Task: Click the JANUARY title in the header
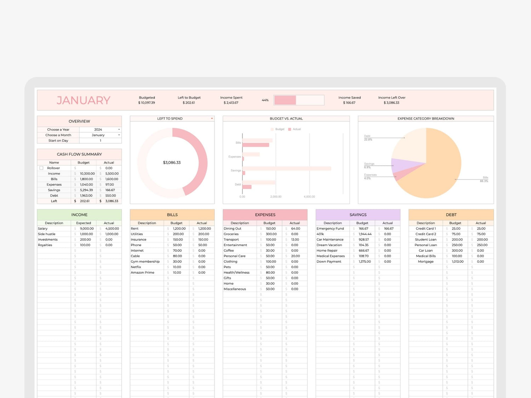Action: click(x=84, y=100)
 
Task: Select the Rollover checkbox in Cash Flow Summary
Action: click(x=41, y=168)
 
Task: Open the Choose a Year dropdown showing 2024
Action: click(x=119, y=129)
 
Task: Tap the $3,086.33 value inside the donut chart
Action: click(x=172, y=163)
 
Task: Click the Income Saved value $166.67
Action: click(x=349, y=103)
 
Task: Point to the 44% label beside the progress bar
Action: click(x=265, y=100)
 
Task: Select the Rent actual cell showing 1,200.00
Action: click(x=204, y=229)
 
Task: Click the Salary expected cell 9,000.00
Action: click(x=87, y=229)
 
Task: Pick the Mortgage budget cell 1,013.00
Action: click(x=457, y=261)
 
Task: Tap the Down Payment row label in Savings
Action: click(x=329, y=261)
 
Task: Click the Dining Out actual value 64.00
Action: click(x=295, y=229)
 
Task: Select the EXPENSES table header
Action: click(x=265, y=215)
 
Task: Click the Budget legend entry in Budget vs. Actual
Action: click(x=279, y=129)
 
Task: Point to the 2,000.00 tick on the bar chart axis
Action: click(x=276, y=197)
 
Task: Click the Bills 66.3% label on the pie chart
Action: click(x=484, y=179)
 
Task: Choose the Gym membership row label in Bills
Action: click(x=145, y=261)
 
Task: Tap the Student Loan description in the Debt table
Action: click(x=426, y=240)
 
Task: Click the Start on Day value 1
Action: click(x=101, y=140)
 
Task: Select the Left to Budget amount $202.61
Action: click(x=189, y=103)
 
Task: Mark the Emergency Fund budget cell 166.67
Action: click(x=363, y=229)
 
